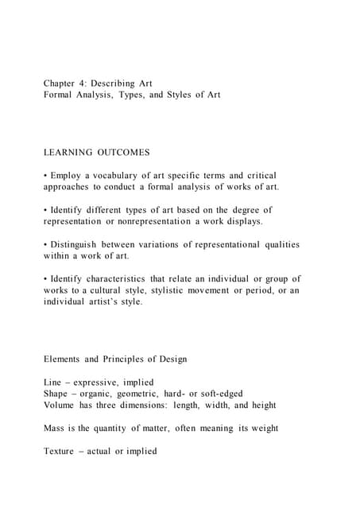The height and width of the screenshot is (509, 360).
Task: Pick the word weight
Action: (261, 428)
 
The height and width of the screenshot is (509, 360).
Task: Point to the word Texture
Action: (62, 451)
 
